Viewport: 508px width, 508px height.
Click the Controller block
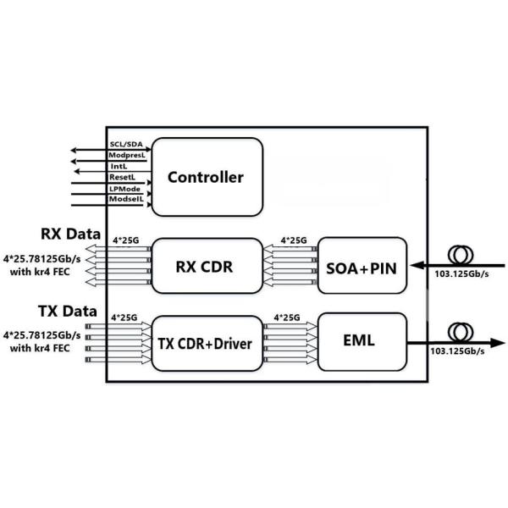click(x=206, y=178)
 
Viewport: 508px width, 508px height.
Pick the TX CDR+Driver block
click(x=206, y=345)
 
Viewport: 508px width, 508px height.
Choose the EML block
click(x=361, y=342)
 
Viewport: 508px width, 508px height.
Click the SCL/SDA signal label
click(x=126, y=146)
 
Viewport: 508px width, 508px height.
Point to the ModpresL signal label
click(x=127, y=157)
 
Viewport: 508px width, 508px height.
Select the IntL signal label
click(x=119, y=167)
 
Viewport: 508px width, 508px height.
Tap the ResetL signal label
click(x=123, y=178)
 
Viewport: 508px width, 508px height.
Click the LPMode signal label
click(x=125, y=188)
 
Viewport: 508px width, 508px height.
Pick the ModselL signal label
click(x=126, y=198)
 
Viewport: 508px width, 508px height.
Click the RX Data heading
click(x=71, y=233)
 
